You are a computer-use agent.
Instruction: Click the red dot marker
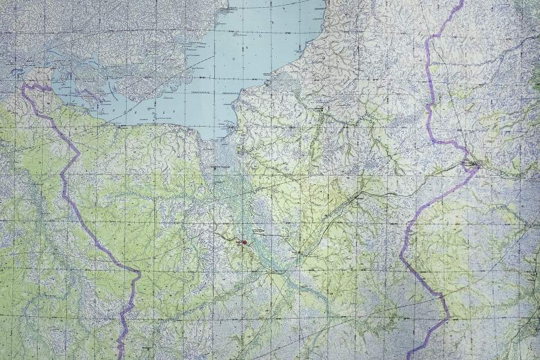point(244,242)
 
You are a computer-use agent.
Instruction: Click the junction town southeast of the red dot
point(298,254)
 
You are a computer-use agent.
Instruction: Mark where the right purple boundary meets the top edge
point(462,2)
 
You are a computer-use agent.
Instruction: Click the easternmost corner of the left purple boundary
point(140,274)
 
